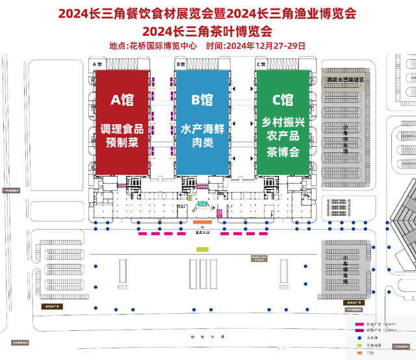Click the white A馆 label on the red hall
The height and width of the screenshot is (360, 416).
coord(123,99)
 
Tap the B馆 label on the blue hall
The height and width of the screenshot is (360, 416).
coord(202,99)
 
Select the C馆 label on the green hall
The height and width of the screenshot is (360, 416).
coord(282,99)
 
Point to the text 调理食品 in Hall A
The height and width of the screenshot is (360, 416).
coord(123,128)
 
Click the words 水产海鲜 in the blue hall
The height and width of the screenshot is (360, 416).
coord(202,129)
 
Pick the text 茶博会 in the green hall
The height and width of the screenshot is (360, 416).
coord(282,151)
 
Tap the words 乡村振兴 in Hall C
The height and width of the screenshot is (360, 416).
coord(282,122)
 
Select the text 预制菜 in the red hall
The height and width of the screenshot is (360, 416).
coord(123,142)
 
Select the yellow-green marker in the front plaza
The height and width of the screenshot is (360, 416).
coord(202,248)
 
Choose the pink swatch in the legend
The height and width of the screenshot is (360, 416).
coord(358,323)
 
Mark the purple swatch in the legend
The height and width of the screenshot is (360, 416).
coord(358,329)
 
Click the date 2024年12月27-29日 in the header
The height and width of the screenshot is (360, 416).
coord(265,46)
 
